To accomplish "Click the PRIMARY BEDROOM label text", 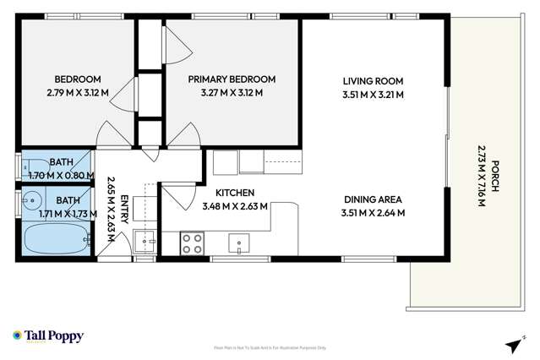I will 232,79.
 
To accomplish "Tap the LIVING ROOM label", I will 373,81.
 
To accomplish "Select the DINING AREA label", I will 373,200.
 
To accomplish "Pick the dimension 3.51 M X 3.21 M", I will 373,95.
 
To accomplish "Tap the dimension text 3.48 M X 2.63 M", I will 235,206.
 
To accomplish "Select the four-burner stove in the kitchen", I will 192,243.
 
